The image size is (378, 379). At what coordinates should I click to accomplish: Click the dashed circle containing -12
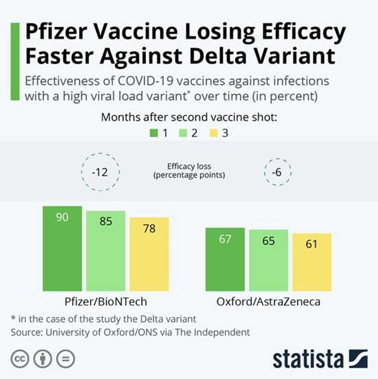click(x=101, y=173)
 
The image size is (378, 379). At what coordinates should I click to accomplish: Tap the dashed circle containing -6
click(x=277, y=173)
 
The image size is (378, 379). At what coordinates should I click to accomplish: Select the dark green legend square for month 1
click(x=154, y=134)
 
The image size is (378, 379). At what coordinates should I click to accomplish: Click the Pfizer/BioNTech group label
click(x=105, y=301)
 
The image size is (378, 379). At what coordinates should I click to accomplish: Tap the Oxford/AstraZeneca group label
click(x=268, y=301)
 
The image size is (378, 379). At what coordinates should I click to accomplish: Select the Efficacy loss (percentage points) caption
click(x=189, y=171)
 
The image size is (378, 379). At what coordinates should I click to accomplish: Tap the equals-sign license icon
click(x=66, y=359)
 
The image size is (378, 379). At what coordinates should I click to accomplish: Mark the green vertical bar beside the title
click(x=15, y=62)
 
